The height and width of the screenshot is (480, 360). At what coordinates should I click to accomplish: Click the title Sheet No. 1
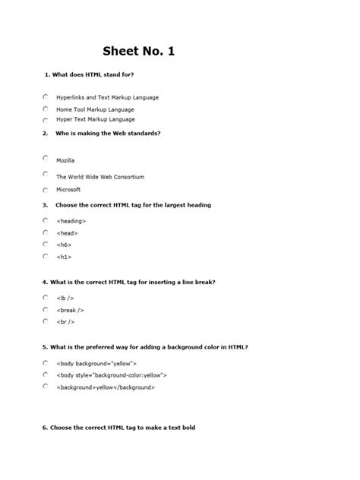coord(144,52)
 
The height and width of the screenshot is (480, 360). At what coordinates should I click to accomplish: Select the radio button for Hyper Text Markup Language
coord(46,119)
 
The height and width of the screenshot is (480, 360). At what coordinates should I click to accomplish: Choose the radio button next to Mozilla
coord(46,158)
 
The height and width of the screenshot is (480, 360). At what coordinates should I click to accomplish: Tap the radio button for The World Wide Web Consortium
coord(46,174)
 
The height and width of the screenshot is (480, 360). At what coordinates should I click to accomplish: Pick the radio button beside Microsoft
coord(46,188)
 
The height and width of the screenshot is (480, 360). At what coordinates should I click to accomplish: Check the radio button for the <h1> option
coord(46,256)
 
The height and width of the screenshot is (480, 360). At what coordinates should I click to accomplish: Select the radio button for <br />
coord(46,321)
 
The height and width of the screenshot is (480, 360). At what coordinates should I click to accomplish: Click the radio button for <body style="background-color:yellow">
coord(46,374)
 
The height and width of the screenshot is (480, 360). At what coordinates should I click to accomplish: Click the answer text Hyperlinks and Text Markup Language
coord(107,98)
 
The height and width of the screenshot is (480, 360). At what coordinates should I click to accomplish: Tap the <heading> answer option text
coord(71,221)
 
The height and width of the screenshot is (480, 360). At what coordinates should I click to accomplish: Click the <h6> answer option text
coord(63,245)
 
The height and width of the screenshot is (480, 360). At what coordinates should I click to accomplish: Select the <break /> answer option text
coord(70,310)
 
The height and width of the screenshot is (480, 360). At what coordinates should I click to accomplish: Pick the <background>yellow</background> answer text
coord(105,387)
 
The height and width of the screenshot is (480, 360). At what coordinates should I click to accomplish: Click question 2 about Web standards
coord(107,134)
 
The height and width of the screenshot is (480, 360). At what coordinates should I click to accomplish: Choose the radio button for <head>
coord(46,232)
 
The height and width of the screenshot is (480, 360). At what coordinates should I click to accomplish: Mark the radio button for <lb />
coord(46,297)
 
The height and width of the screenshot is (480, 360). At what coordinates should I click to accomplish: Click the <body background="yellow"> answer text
coord(96,364)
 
